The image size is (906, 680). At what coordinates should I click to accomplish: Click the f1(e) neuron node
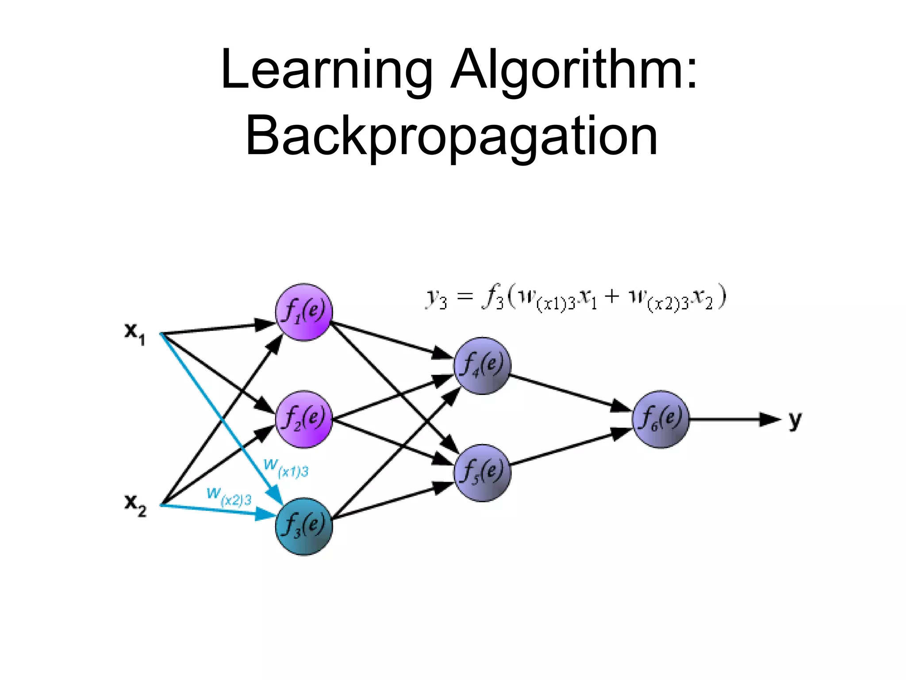303,312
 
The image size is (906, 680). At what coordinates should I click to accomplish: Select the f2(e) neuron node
303,419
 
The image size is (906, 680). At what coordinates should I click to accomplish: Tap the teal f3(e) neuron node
303,526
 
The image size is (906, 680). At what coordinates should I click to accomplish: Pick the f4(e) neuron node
482,366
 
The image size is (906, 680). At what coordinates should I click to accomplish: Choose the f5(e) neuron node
482,473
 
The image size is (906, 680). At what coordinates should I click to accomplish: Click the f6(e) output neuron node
660,419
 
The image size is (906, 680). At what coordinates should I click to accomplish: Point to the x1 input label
134,332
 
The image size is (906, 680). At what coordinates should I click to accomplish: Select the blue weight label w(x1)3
286,468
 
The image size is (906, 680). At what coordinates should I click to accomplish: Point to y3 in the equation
436,298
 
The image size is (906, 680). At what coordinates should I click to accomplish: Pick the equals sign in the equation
464,297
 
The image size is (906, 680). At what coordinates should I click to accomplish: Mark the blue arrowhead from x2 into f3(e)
266,514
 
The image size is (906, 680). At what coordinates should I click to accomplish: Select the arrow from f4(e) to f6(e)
571,392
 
